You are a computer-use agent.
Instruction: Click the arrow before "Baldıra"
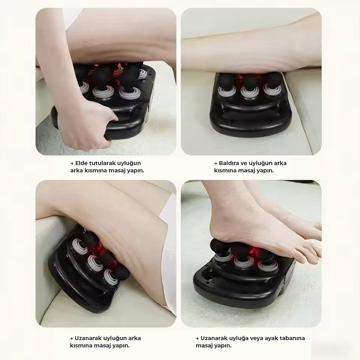point(215,163)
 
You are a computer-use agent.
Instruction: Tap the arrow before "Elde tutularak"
point(72,163)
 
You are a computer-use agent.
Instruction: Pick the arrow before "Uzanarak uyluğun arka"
point(71,338)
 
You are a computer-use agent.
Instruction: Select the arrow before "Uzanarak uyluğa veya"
point(197,338)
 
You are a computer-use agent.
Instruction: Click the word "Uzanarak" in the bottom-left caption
point(88,338)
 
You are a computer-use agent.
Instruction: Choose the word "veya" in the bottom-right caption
point(254,339)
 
